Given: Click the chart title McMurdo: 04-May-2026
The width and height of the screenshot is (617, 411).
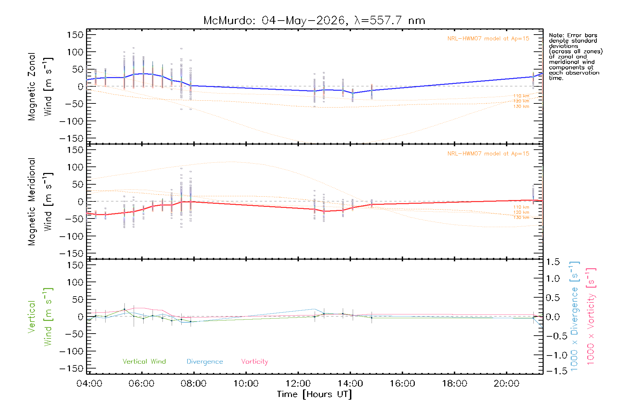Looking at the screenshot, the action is (274, 21).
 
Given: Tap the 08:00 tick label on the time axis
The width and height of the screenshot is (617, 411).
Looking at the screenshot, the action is (194, 383).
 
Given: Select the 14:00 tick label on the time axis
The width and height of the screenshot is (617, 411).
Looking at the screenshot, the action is (350, 383).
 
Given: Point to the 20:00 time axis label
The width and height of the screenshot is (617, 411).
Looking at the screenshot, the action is (506, 383).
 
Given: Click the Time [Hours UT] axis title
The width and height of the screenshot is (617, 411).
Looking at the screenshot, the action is (314, 394).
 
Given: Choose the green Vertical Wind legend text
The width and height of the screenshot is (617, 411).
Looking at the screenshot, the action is (144, 361).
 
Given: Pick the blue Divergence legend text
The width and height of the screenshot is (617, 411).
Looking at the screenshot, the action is (205, 362).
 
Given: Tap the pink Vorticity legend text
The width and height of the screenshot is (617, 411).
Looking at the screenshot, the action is (255, 362).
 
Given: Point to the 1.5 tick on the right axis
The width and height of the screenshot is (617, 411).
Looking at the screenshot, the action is (553, 262).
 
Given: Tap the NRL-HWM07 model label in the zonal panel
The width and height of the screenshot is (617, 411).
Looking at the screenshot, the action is (488, 39).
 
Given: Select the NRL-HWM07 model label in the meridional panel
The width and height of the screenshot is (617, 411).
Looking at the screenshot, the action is (488, 154).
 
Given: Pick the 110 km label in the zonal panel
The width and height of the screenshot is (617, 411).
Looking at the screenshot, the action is (521, 96).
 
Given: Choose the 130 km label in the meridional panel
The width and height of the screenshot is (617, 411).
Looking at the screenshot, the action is (521, 217).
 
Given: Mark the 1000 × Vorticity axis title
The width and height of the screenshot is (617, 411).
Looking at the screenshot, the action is (591, 316).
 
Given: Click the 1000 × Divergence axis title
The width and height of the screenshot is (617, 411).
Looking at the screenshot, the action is (574, 316).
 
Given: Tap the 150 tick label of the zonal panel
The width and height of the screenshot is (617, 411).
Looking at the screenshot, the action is (75, 35).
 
